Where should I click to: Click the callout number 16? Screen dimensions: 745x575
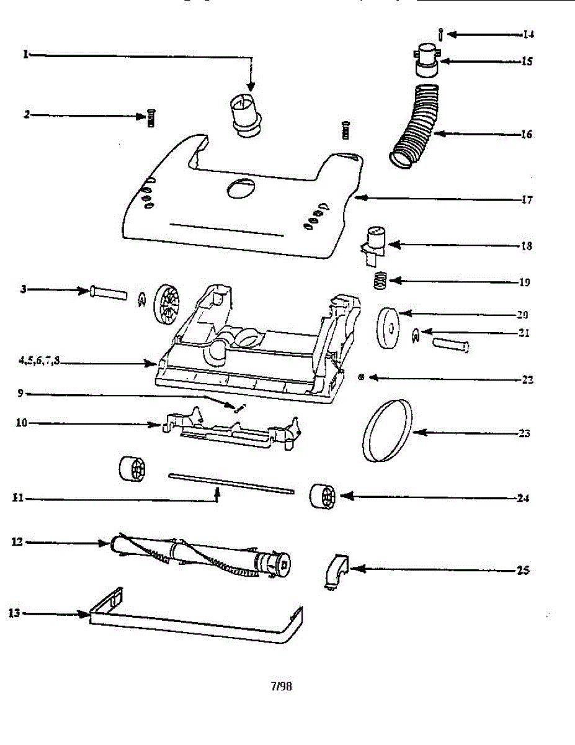[525, 134]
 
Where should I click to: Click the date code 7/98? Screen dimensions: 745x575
[281, 686]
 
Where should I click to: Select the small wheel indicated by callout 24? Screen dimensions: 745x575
[323, 497]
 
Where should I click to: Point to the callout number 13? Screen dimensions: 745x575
[14, 613]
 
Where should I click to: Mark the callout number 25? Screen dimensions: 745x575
[523, 571]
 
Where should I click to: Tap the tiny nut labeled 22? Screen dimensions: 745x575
[361, 377]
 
